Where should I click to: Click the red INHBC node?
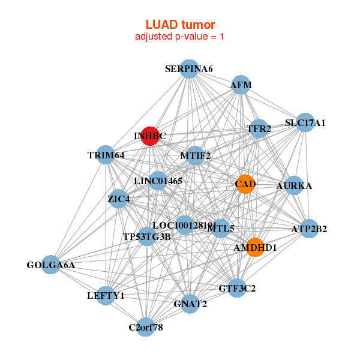[150, 136]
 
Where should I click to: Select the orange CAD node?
[245, 184]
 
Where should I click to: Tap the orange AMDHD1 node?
[255, 247]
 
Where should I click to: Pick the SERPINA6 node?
[189, 69]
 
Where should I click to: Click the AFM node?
[241, 85]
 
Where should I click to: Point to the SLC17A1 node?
[305, 123]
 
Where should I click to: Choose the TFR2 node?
[259, 128]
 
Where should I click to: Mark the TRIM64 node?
[106, 155]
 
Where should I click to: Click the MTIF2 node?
[196, 156]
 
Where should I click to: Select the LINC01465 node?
[158, 180]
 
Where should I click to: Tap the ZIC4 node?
[118, 199]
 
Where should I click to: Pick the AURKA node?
[294, 186]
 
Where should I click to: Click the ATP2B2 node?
[309, 229]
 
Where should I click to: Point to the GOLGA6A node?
[51, 265]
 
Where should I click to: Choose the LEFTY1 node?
[106, 296]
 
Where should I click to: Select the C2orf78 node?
[145, 327]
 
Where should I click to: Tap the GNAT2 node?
[190, 304]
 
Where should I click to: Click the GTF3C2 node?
[237, 288]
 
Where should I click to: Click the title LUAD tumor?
[180, 25]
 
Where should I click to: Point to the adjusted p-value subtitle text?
[180, 37]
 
